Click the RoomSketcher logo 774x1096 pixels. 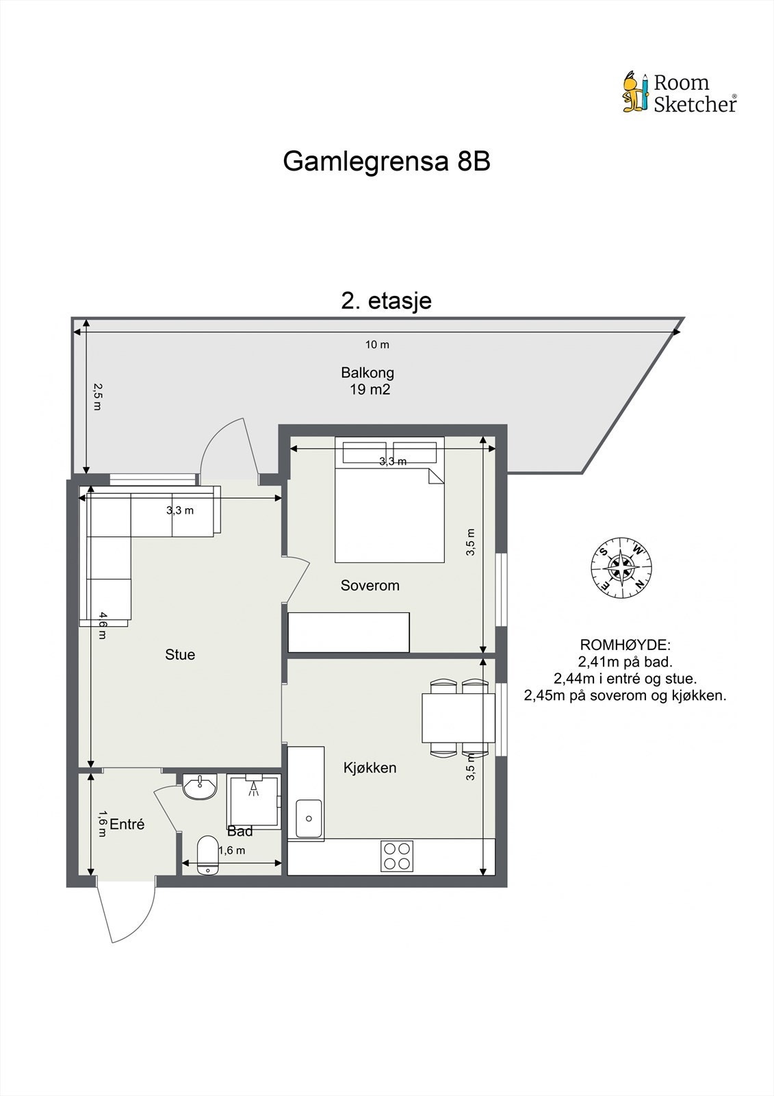pyautogui.click(x=679, y=92)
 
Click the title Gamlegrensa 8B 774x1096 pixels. pyautogui.click(x=387, y=162)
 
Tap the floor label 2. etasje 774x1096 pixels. pyautogui.click(x=387, y=301)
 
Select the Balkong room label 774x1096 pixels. pyautogui.click(x=367, y=373)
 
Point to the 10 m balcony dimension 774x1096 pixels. pyautogui.click(x=377, y=345)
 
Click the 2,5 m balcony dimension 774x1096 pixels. pyautogui.click(x=97, y=397)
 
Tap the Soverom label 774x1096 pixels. pyautogui.click(x=370, y=586)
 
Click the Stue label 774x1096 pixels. pyautogui.click(x=180, y=655)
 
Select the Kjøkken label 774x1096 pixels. pyautogui.click(x=370, y=768)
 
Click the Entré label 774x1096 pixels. pyautogui.click(x=127, y=825)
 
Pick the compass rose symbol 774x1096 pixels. pyautogui.click(x=621, y=567)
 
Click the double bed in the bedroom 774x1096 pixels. pyautogui.click(x=389, y=507)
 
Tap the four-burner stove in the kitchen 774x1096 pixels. pyautogui.click(x=398, y=856)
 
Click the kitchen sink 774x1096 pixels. pyautogui.click(x=309, y=819)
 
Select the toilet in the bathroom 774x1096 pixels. pyautogui.click(x=206, y=855)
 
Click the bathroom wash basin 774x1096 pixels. pyautogui.click(x=200, y=787)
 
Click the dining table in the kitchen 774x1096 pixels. pyautogui.click(x=458, y=717)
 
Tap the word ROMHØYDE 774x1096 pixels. pyautogui.click(x=625, y=645)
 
